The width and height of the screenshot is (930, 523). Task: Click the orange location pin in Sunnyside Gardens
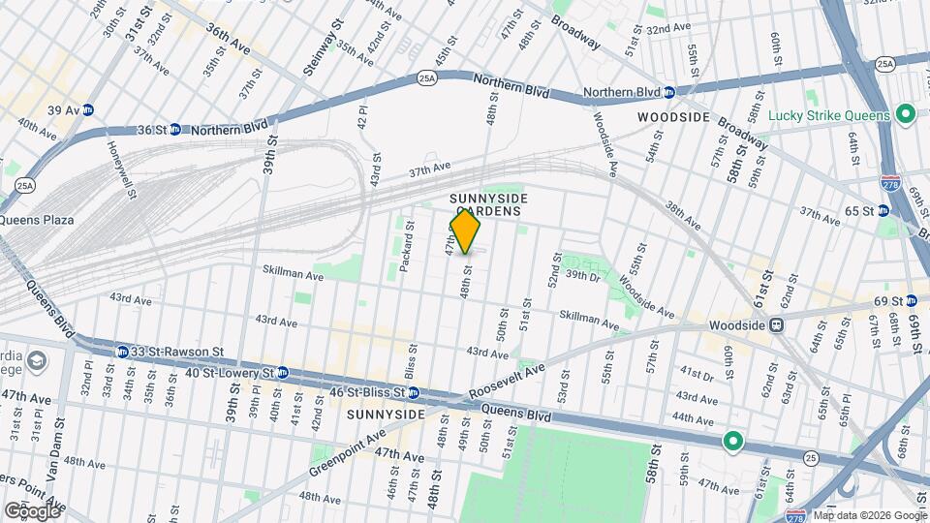[x=465, y=231]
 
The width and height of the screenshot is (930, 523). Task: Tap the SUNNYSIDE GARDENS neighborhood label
[x=485, y=204]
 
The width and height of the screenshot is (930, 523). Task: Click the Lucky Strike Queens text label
[x=828, y=115]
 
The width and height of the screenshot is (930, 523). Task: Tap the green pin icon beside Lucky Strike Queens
[x=906, y=115]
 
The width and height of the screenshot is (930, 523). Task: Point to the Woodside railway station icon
[x=776, y=326]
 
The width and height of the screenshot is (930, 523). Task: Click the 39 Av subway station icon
[x=89, y=110]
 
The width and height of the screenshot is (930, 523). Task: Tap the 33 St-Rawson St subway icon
[x=123, y=352]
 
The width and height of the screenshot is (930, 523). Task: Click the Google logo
[x=32, y=509]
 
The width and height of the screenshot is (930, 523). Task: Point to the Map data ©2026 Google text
[x=868, y=515]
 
